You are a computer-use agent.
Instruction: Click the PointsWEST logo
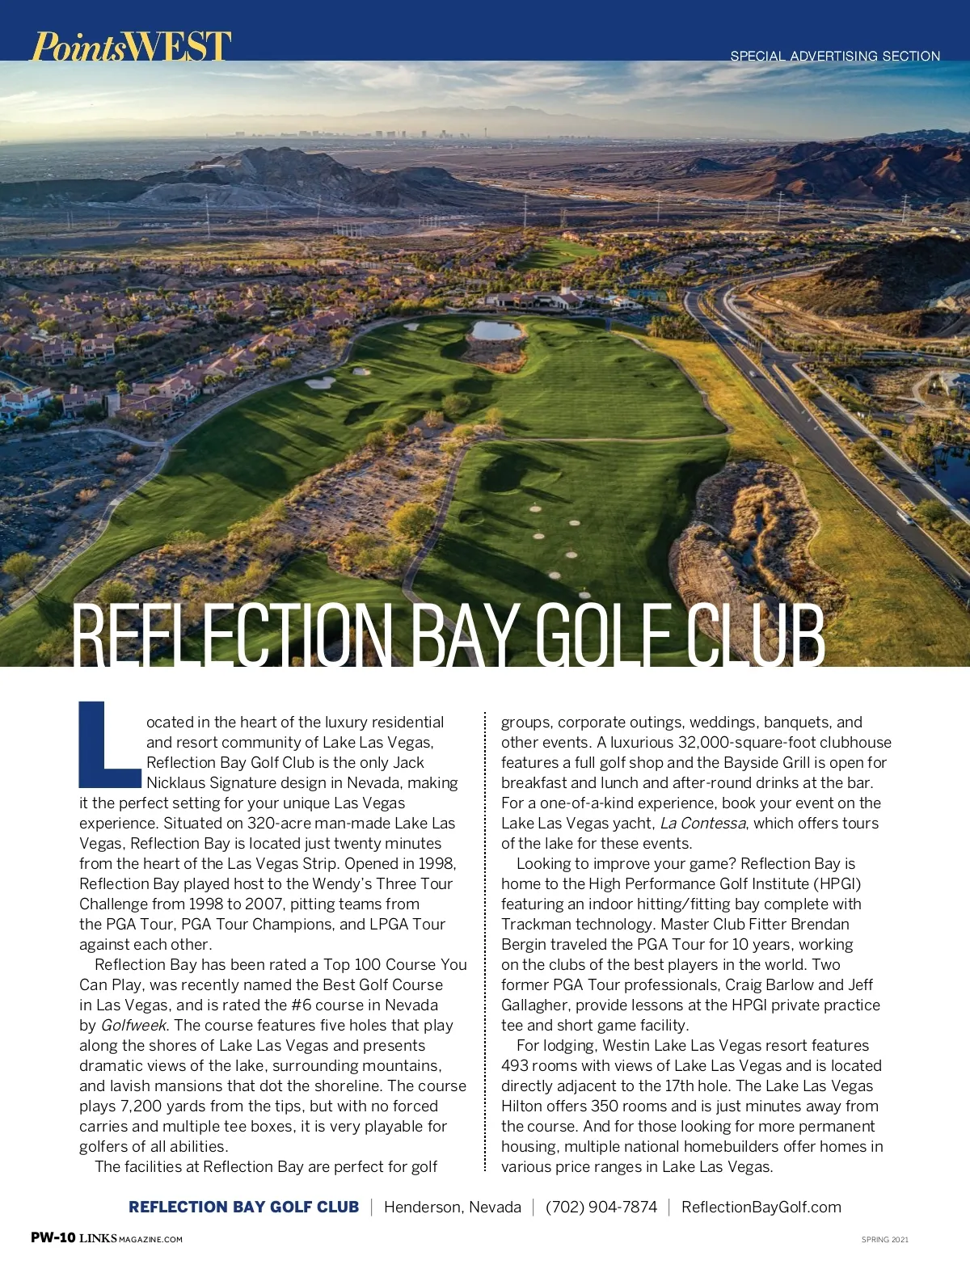[x=131, y=46]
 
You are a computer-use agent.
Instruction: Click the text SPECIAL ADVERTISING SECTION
[x=835, y=56]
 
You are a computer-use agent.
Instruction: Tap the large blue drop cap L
[x=109, y=744]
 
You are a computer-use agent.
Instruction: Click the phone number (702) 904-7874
[x=601, y=1207]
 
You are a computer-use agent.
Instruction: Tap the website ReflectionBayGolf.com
[x=761, y=1207]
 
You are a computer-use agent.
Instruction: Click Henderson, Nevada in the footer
[x=452, y=1207]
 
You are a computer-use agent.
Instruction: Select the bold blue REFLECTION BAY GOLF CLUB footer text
[x=243, y=1207]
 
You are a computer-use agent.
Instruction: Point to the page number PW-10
[x=53, y=1237]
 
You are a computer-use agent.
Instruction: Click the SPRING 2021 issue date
[x=884, y=1239]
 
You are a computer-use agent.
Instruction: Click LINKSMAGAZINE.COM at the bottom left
[x=131, y=1238]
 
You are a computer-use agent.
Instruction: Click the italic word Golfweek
[x=134, y=1026]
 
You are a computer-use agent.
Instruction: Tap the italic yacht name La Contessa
[x=702, y=824]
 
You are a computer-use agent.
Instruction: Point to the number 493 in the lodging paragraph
[x=515, y=1066]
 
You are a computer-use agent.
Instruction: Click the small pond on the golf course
[x=496, y=330]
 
